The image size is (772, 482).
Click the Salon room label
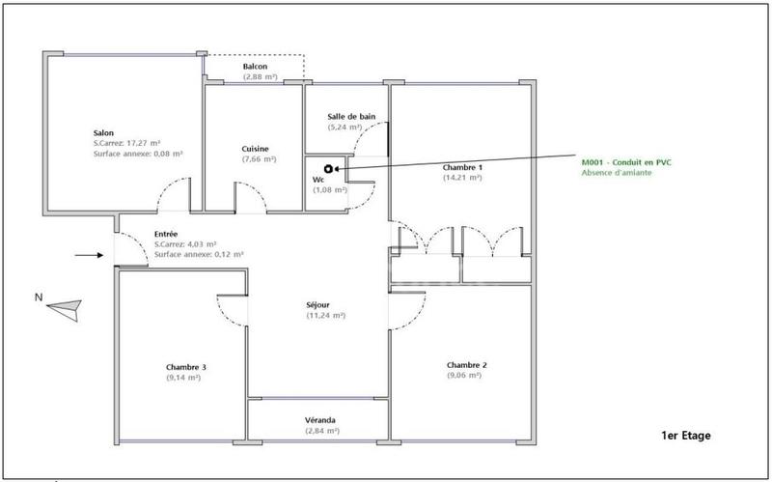(x=104, y=132)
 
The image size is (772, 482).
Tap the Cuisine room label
(x=256, y=149)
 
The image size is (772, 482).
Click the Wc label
(x=317, y=180)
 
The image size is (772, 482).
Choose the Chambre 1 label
(x=462, y=167)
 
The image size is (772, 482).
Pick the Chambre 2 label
(x=466, y=364)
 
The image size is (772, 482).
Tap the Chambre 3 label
(x=186, y=367)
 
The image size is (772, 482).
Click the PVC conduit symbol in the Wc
(x=329, y=168)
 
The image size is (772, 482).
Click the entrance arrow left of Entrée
(x=89, y=256)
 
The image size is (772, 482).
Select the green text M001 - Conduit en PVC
(x=625, y=161)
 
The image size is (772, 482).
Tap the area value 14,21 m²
(x=462, y=178)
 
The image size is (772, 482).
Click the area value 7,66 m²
(x=256, y=159)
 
